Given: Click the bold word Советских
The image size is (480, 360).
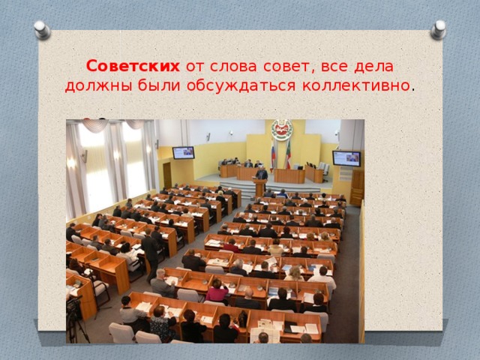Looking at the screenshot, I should (x=133, y=66).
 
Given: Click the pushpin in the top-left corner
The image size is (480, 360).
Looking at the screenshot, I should (x=43, y=29).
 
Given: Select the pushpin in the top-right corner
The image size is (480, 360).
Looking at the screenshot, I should (x=438, y=29).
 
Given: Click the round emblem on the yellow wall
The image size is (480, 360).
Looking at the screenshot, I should (x=281, y=130).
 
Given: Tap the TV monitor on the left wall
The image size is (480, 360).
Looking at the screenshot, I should (x=183, y=152).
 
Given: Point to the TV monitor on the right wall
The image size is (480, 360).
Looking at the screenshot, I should (x=346, y=158).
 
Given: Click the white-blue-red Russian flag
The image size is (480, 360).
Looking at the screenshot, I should (x=273, y=154).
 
